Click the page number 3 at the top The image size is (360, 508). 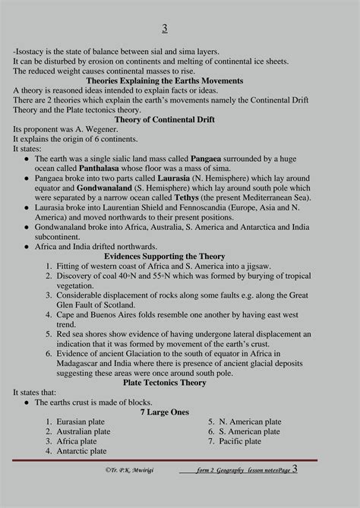(x=165, y=29)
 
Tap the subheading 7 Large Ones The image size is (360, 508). (x=164, y=412)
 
